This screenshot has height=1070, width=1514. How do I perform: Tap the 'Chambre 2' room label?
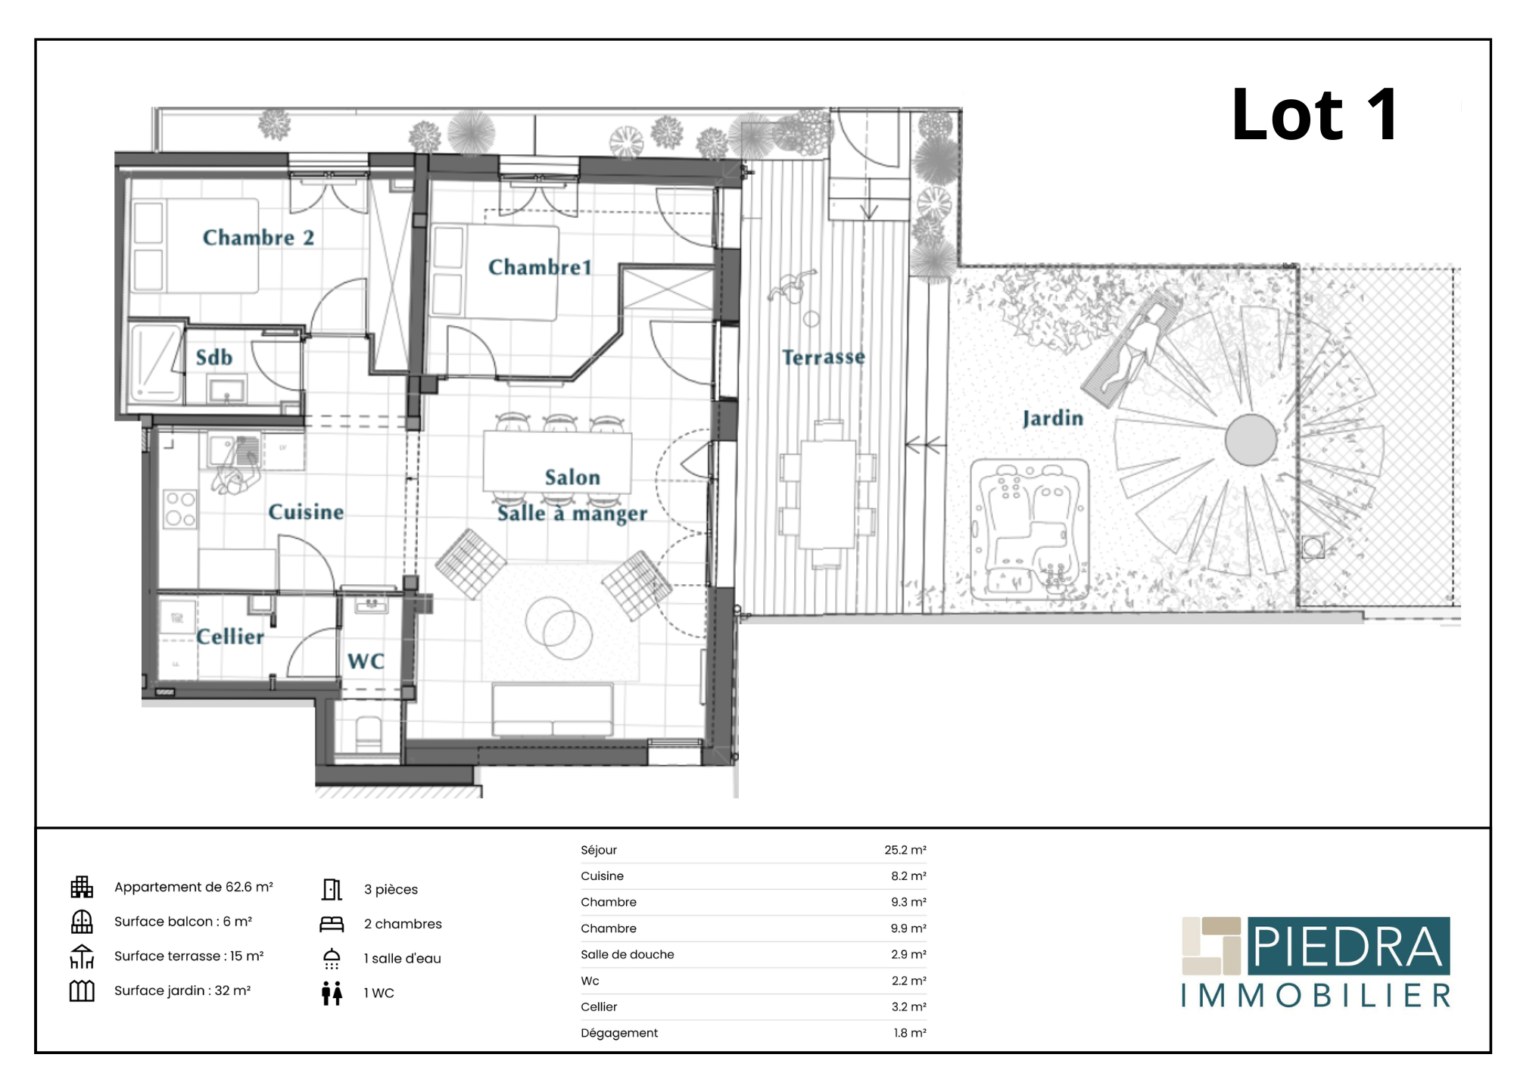click(258, 238)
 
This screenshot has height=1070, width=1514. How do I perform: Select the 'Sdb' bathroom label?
click(214, 357)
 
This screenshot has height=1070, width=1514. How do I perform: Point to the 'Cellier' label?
click(230, 636)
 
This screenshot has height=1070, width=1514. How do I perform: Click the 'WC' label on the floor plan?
click(366, 661)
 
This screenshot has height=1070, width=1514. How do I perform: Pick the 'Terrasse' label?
click(824, 356)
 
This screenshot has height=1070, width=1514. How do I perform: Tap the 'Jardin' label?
click(1053, 418)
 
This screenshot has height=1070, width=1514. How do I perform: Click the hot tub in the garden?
click(1030, 530)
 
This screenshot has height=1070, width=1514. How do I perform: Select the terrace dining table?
click(828, 493)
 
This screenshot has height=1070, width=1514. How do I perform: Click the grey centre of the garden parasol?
click(1251, 440)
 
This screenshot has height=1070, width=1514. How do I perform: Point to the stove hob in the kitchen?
click(180, 509)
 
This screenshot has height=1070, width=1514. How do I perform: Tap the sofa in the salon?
click(553, 710)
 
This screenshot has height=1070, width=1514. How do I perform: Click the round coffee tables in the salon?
click(559, 627)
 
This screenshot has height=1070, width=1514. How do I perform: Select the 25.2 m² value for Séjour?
click(905, 850)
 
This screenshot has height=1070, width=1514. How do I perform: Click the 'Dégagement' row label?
click(619, 1033)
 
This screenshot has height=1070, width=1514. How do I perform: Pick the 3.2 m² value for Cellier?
click(908, 1006)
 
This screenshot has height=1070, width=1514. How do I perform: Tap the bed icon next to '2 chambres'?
click(332, 924)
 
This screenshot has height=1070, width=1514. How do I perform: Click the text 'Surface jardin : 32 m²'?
click(182, 991)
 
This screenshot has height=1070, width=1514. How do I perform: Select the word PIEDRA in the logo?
click(1348, 947)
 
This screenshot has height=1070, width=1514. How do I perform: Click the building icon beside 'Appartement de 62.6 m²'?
click(82, 887)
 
